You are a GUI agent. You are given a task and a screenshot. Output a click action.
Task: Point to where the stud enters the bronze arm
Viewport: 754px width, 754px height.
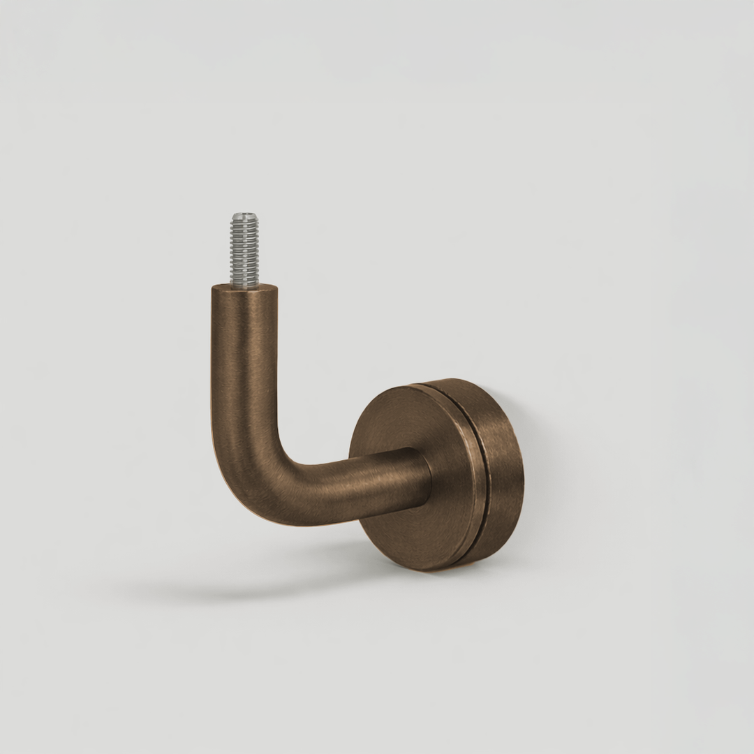click(244, 285)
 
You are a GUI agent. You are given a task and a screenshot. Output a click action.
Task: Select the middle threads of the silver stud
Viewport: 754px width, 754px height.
click(244, 251)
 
